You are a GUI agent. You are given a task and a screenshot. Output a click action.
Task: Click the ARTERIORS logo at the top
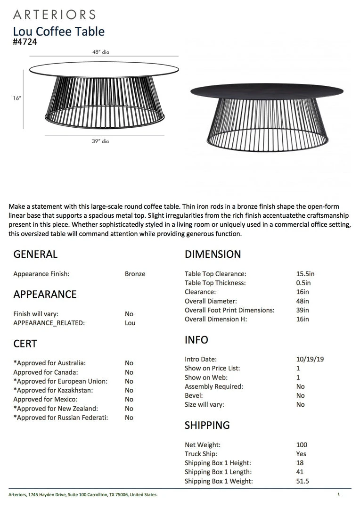point(54,15)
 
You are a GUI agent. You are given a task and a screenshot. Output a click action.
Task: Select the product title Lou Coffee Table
point(59,32)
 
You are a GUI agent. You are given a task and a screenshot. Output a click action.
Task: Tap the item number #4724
point(25,41)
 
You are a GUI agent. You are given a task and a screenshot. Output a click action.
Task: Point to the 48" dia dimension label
point(100,52)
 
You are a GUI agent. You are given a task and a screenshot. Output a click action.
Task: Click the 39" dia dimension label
point(100,141)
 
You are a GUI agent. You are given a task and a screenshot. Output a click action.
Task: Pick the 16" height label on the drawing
point(17,98)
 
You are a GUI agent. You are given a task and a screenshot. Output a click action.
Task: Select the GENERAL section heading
point(35,254)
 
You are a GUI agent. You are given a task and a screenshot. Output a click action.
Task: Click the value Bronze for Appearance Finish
point(135,274)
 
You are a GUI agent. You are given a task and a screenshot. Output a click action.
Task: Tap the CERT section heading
point(25,344)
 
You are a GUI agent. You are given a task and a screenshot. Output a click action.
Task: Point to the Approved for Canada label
point(46,372)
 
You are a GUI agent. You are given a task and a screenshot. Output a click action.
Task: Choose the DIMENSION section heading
point(213,254)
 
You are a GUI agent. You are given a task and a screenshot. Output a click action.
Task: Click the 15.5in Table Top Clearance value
point(305,274)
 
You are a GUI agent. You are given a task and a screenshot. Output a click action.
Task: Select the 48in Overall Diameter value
point(303,301)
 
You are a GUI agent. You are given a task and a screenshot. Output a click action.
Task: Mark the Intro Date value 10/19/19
point(310,359)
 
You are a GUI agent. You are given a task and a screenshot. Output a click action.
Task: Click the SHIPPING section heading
point(207,425)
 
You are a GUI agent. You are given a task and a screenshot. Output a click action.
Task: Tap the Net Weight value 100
point(302,445)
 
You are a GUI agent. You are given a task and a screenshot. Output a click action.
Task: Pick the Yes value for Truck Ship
point(301,454)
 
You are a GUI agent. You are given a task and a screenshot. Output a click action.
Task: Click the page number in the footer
point(338,494)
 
